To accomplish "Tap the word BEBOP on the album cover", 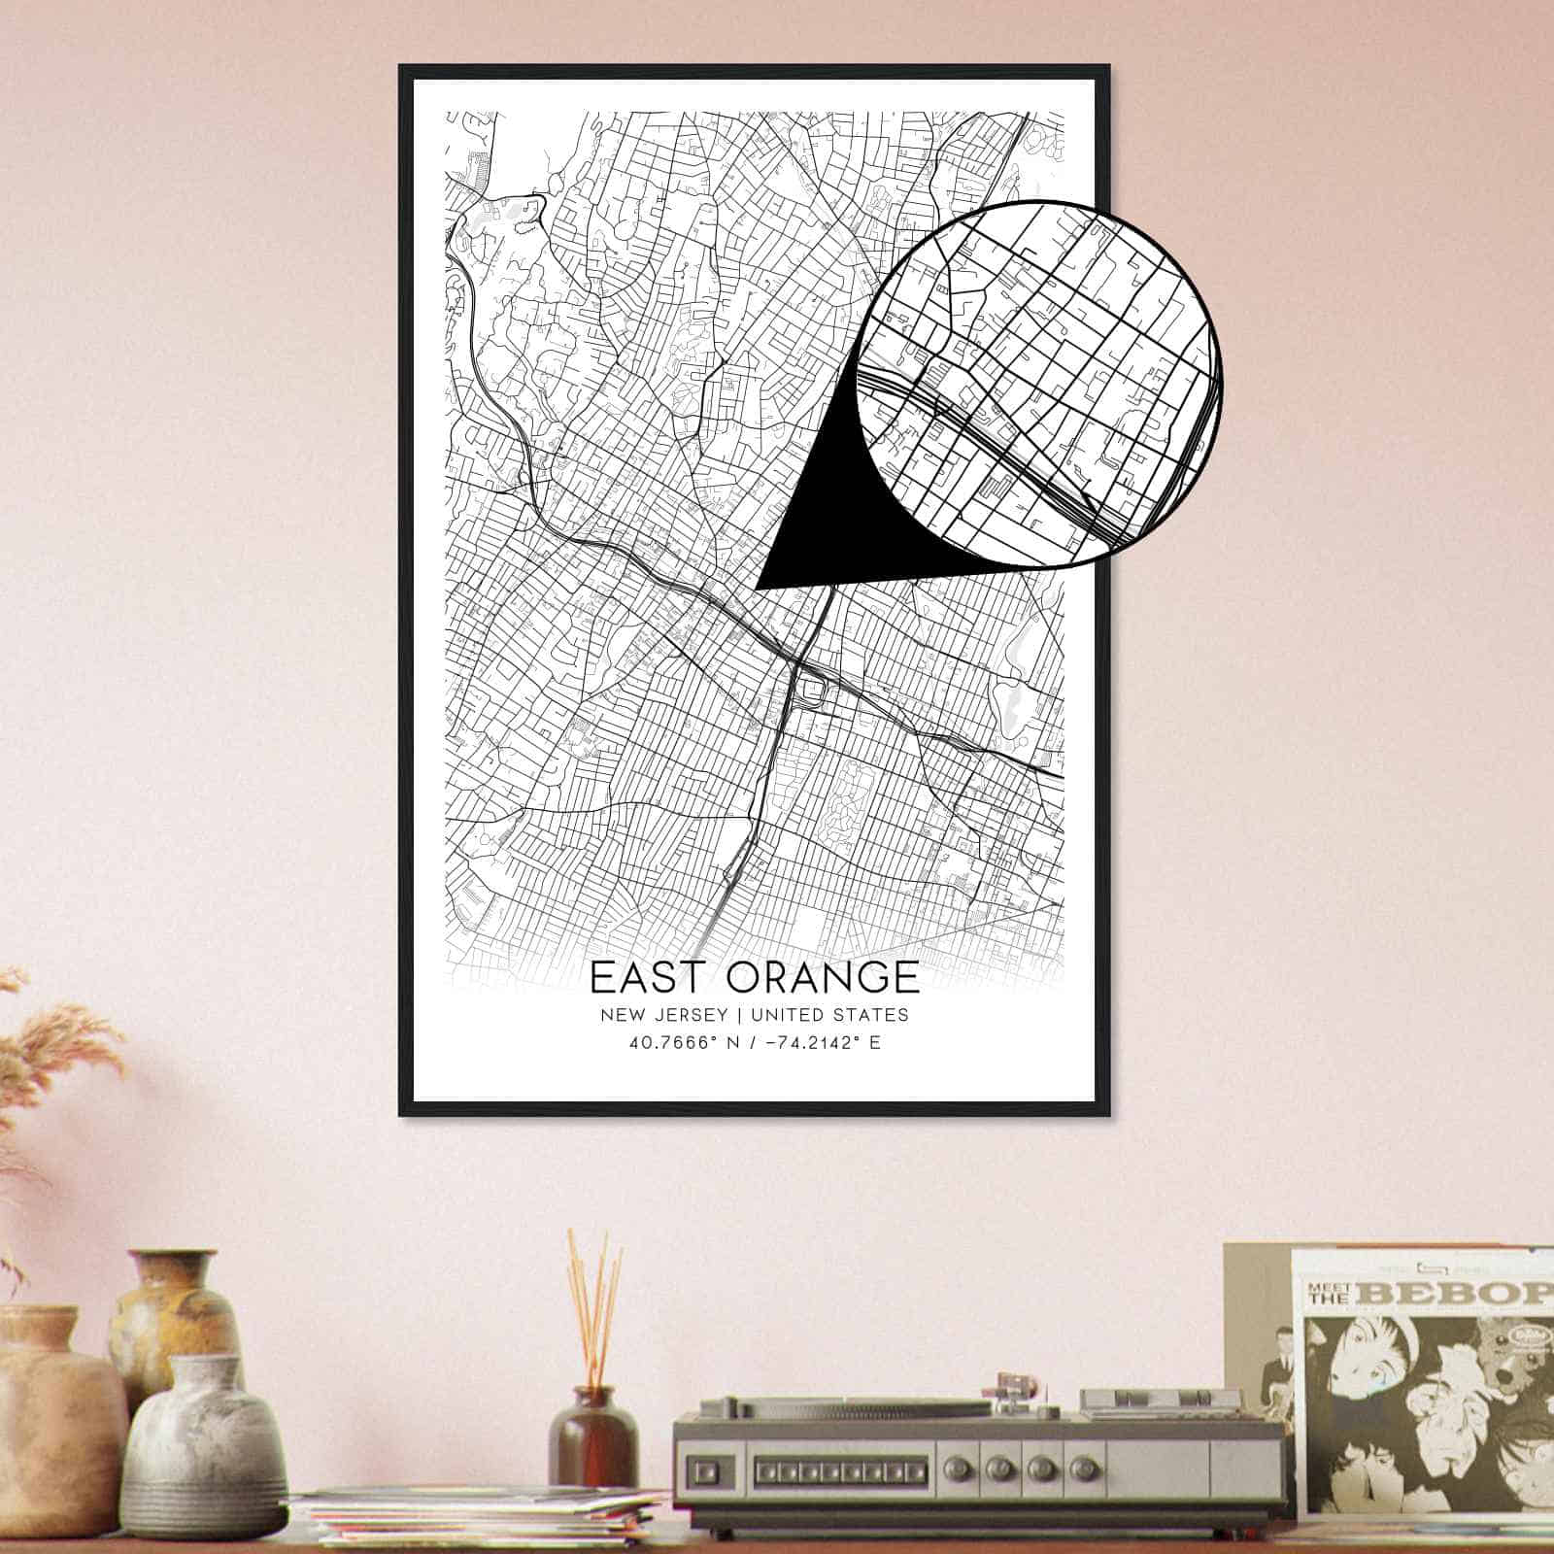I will pyautogui.click(x=1456, y=1295).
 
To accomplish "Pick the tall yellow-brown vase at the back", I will pyautogui.click(x=175, y=1321).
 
